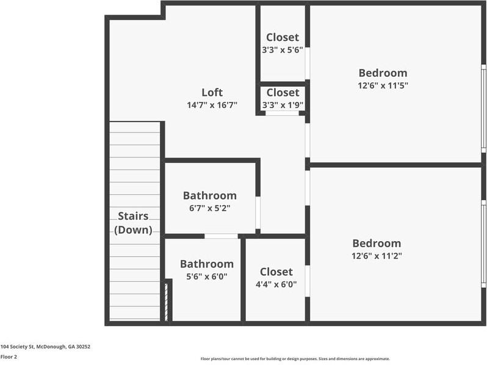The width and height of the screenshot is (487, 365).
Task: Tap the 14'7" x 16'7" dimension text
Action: tap(212, 105)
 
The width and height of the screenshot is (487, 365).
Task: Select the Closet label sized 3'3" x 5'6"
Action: tap(282, 37)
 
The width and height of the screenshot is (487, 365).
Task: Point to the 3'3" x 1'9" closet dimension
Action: tap(283, 105)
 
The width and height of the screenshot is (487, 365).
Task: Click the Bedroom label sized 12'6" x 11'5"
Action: tap(382, 73)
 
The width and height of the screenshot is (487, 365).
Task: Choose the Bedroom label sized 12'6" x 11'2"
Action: tap(376, 243)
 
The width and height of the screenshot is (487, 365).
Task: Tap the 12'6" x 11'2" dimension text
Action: tap(376, 256)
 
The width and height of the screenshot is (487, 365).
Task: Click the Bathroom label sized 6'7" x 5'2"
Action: tap(209, 196)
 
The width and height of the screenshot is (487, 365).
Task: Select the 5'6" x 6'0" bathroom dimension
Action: tap(206, 276)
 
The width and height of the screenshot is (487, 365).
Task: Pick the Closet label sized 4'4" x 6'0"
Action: tap(276, 272)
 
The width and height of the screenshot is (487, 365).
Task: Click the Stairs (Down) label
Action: tap(134, 223)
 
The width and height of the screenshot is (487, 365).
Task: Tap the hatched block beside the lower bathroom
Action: tap(168, 301)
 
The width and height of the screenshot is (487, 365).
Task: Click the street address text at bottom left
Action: tap(45, 346)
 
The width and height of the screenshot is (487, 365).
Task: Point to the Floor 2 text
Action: tap(9, 356)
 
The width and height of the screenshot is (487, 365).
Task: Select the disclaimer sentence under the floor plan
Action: tap(295, 359)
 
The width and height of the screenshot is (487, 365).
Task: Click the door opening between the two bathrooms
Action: tap(221, 236)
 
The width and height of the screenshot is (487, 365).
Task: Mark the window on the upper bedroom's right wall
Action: tap(483, 108)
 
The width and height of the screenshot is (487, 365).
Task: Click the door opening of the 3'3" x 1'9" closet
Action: tap(282, 114)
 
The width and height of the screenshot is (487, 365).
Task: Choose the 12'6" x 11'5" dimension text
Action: tap(382, 86)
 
